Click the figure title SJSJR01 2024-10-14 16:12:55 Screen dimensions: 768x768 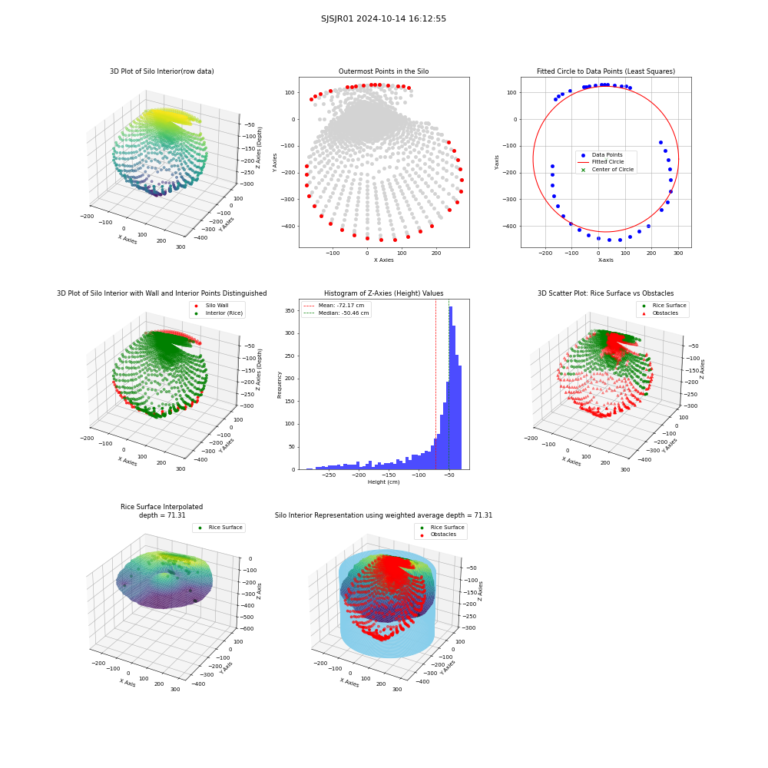(x=383, y=18)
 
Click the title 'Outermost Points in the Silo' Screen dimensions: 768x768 (x=383, y=71)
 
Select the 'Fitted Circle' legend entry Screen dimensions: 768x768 (x=601, y=161)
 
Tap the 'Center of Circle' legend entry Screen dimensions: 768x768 (x=607, y=170)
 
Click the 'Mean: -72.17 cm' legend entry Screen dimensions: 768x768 (x=334, y=305)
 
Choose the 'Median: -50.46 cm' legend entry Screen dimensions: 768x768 (x=336, y=313)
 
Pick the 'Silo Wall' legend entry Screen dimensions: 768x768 (x=211, y=305)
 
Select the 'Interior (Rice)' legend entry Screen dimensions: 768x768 (x=218, y=313)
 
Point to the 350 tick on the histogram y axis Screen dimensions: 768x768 (x=290, y=310)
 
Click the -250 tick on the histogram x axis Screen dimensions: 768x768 (x=329, y=475)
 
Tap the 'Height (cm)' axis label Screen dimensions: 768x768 (x=383, y=482)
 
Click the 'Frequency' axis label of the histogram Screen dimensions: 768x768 (x=280, y=385)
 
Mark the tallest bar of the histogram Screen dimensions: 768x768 (x=451, y=388)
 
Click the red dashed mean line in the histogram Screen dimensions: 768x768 (x=436, y=385)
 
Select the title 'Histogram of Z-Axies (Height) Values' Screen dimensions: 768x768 (x=383, y=293)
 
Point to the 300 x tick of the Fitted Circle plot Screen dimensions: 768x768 (x=678, y=253)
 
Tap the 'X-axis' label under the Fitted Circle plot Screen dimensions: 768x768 (x=605, y=260)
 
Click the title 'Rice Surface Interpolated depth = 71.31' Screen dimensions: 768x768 (x=161, y=511)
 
